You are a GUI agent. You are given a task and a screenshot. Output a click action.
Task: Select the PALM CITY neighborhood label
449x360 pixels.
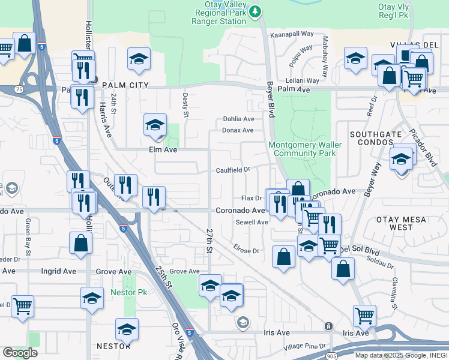coord(125,86)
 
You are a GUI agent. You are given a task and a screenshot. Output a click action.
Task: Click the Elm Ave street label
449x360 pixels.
coord(163,149)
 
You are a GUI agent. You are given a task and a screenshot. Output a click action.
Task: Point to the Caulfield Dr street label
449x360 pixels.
coord(234,170)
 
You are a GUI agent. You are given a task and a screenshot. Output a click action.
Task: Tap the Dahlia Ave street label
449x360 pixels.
coord(238,119)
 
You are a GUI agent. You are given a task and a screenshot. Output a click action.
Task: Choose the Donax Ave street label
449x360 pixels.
coord(238,130)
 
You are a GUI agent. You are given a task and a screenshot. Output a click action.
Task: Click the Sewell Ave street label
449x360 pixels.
coord(252,222)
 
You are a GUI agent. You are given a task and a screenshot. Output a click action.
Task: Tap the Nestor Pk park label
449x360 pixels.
coord(128,292)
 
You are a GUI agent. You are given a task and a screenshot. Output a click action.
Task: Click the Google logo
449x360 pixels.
coord(20,352)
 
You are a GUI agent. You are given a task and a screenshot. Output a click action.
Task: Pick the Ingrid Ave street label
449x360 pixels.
coord(58,271)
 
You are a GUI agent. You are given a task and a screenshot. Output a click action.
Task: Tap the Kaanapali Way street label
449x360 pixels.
coord(292,34)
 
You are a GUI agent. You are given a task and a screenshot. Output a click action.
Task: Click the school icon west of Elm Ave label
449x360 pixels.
coord(155,125)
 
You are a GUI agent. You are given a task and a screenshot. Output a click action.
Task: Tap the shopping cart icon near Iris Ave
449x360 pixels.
coord(364,314)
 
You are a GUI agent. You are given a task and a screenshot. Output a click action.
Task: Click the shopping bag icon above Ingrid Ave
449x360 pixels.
coord(81,243)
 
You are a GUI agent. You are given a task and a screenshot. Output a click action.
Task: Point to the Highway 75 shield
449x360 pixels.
coord(19,89)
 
